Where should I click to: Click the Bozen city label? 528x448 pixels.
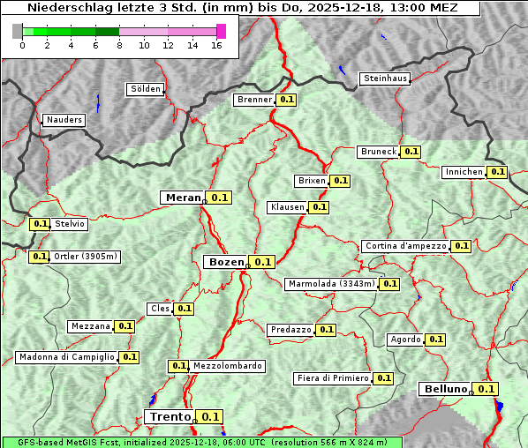point(227,262)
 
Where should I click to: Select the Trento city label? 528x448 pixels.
point(170,417)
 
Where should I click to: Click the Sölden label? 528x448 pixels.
point(146,89)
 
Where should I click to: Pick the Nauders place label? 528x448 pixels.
point(64,120)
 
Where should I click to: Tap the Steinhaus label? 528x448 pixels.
point(386,78)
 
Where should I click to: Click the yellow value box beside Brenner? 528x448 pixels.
point(287,100)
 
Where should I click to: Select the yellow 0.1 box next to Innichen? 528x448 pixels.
point(498,172)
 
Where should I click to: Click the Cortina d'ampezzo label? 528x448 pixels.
point(405,246)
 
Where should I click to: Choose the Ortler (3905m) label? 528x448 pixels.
point(86,257)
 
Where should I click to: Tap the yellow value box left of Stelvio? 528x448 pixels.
point(40,224)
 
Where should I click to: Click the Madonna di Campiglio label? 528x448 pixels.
point(66,357)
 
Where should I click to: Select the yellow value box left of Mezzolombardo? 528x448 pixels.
point(178,366)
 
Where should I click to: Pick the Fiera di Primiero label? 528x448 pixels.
point(333,377)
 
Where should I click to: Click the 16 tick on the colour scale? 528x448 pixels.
point(216,46)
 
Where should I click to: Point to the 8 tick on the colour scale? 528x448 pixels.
point(119,46)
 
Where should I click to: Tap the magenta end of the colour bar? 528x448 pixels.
point(221,31)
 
